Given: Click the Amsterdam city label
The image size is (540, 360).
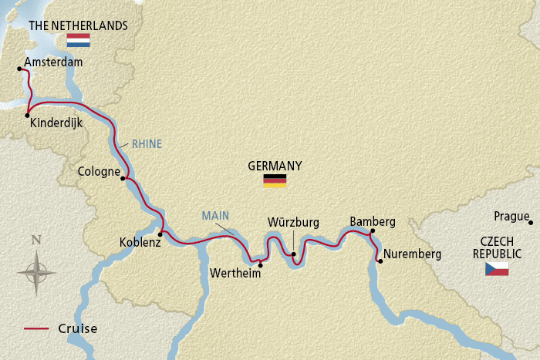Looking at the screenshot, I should click(53, 62).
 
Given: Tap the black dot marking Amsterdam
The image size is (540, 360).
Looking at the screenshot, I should click(19, 69).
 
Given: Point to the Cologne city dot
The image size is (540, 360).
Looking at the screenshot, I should click(123, 178).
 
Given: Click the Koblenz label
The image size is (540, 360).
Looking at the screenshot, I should click(140, 242).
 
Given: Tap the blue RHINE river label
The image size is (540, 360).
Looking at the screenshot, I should click(147, 143).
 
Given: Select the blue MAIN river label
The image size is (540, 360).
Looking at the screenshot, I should click(215, 215).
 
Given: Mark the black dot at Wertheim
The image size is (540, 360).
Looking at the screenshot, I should click(260, 265).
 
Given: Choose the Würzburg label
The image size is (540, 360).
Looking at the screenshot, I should click(293, 222).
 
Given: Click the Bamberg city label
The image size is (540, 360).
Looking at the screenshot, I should click(372, 221).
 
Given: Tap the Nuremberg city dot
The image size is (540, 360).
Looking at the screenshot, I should click(380, 261).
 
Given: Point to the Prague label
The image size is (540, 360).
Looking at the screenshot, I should click(512, 217).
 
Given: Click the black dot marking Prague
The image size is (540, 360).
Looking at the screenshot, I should click(532, 223).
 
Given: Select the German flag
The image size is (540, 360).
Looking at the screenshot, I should click(275, 180).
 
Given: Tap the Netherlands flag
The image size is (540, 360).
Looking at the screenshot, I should click(79, 40).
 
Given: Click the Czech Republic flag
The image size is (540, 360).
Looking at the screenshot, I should click(497, 268).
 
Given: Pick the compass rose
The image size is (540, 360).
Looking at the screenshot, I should click(36, 271).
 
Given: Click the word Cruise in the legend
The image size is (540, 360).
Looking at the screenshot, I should click(77, 329).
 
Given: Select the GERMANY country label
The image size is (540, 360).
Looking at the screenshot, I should click(274, 166).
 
